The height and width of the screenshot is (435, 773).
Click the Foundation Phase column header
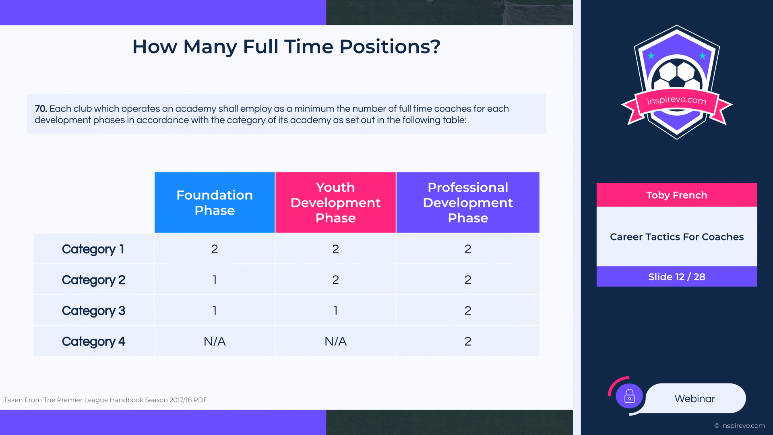pyautogui.click(x=215, y=203)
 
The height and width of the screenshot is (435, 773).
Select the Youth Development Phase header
pyautogui.click(x=335, y=203)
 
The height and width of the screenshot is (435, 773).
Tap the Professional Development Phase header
pyautogui.click(x=468, y=203)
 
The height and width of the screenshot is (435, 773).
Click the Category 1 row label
pyautogui.click(x=93, y=249)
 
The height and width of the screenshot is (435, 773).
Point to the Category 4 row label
pyautogui.click(x=93, y=342)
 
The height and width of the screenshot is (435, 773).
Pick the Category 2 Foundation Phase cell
pyautogui.click(x=215, y=280)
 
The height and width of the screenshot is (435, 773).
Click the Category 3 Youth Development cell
pyautogui.click(x=335, y=311)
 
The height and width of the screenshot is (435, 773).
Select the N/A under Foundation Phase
pyautogui.click(x=215, y=342)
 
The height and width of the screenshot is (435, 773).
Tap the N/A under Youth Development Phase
pyautogui.click(x=335, y=342)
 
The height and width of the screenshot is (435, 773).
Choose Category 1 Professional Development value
pyautogui.click(x=468, y=249)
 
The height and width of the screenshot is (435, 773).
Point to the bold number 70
pyautogui.click(x=41, y=109)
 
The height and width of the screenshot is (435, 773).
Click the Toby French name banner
pyautogui.click(x=677, y=195)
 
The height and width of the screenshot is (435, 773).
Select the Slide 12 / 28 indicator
pyautogui.click(x=677, y=277)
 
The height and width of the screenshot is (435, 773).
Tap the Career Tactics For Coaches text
pyautogui.click(x=677, y=237)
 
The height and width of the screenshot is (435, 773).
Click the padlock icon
pyautogui.click(x=629, y=396)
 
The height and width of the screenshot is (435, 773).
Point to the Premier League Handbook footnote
pyautogui.click(x=105, y=400)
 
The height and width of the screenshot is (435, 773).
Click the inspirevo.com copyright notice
pyautogui.click(x=740, y=426)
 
